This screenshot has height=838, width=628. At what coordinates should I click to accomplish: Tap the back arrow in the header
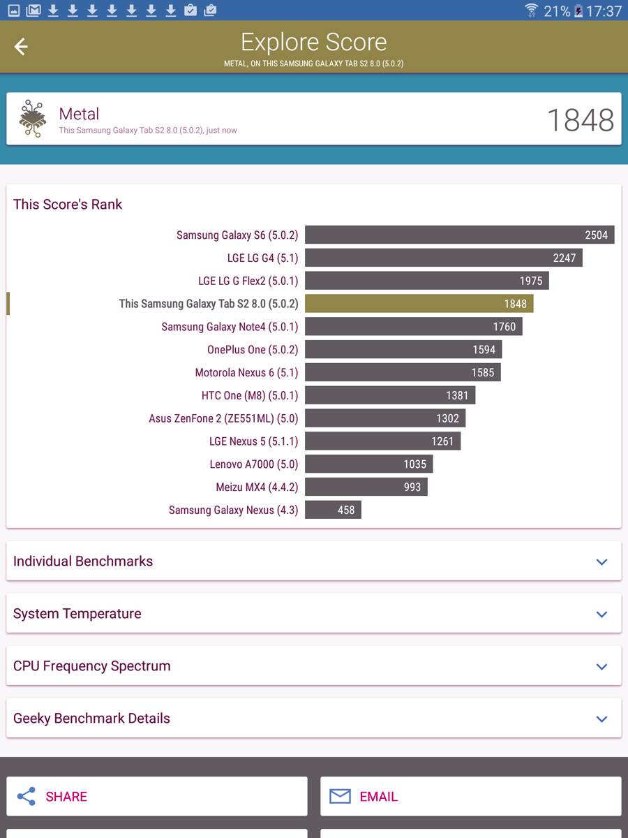click(21, 47)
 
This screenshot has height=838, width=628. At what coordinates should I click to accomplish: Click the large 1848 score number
click(580, 120)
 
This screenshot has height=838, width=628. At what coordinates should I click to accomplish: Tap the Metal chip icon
click(32, 119)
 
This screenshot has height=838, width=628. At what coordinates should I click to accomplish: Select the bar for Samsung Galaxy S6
click(459, 235)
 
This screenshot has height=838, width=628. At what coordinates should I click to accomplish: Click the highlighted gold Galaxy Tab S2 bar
click(419, 304)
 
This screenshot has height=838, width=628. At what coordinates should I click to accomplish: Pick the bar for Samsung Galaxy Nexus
click(333, 510)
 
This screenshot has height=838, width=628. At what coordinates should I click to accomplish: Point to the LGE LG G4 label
click(262, 258)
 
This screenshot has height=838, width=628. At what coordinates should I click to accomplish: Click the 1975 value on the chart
click(531, 281)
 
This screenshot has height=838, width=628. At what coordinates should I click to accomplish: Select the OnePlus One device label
click(253, 350)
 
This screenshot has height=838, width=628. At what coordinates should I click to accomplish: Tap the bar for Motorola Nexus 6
click(403, 372)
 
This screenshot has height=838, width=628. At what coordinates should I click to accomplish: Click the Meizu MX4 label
click(257, 487)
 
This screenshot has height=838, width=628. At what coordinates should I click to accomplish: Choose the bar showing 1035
click(368, 464)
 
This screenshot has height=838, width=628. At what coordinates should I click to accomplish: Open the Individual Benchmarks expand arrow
click(601, 562)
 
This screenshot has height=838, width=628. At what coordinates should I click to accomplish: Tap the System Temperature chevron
click(601, 615)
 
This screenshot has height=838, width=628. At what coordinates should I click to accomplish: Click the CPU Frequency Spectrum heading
click(91, 666)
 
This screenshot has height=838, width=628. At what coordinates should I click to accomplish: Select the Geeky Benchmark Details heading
click(91, 719)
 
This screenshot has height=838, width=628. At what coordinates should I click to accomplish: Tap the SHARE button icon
click(27, 797)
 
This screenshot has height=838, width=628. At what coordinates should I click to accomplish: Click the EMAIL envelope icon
click(340, 797)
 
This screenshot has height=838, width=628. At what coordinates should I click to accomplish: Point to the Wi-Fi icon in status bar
click(532, 10)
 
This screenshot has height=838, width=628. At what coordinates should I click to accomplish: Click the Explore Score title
click(313, 43)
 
